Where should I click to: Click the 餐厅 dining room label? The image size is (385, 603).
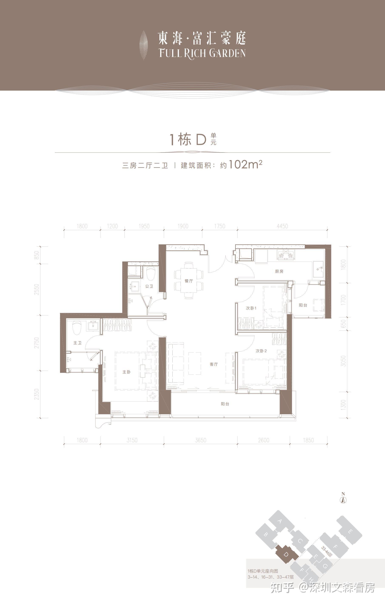point(189,281)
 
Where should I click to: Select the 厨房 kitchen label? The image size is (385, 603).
point(279,271)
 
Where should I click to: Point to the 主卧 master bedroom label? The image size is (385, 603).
point(126,372)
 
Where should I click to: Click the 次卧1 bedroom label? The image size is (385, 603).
point(251,308)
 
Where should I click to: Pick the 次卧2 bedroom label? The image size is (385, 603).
point(261,351)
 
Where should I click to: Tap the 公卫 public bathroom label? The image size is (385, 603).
point(149,286)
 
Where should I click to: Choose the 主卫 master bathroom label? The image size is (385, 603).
point(77,343)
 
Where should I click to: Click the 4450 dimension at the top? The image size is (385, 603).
point(282,226)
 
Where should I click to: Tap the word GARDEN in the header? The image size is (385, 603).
point(227,53)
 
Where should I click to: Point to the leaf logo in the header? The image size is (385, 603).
point(143,45)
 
